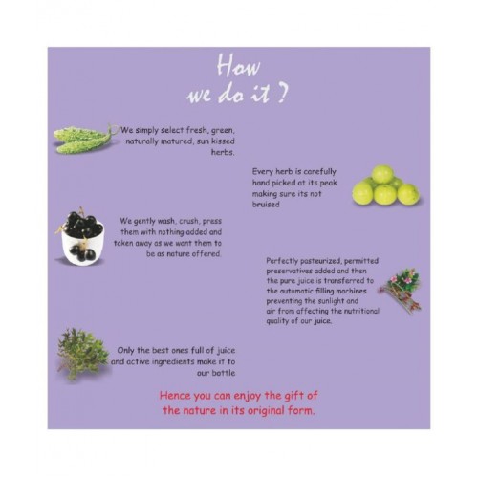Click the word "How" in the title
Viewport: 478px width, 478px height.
coord(238,66)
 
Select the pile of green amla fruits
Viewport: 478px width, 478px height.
coord(386,185)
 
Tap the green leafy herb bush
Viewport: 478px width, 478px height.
coord(82,354)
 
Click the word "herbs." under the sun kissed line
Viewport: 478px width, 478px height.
coord(223,152)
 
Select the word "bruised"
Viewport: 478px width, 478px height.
coord(266,205)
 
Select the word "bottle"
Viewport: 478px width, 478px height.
coord(223,373)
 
